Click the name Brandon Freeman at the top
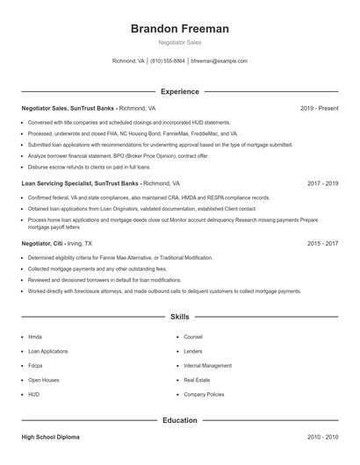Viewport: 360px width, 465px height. tap(180, 29)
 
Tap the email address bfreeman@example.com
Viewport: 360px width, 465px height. tap(220, 61)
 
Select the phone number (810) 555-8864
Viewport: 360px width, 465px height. tap(168, 61)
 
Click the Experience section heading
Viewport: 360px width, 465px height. tap(180, 91)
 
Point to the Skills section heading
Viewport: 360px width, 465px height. tap(180, 316)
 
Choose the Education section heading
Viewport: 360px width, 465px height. tap(180, 420)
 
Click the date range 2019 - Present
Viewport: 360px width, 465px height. tap(319, 108)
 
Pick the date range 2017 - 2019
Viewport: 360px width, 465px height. tap(323, 183)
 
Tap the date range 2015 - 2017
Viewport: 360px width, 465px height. tap(323, 243)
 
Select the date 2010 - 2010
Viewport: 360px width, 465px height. tap(323, 436)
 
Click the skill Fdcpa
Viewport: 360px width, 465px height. tap(35, 365)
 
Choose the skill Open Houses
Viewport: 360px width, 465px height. tap(44, 380)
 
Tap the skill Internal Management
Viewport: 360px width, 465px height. tap(208, 365)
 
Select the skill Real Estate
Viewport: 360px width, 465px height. tap(197, 380)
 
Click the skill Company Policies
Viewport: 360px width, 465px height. tap(205, 395)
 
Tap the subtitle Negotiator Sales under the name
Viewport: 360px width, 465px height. tap(180, 42)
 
